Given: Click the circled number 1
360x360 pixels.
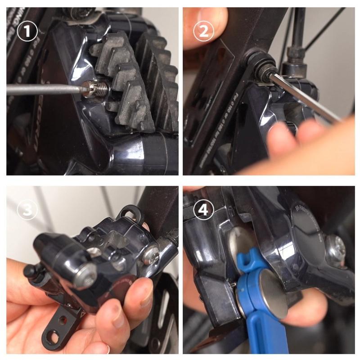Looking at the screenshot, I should pos(27,31).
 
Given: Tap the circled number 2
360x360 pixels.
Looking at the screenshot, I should pos(203,31).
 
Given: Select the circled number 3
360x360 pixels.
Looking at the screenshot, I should pos(27,210).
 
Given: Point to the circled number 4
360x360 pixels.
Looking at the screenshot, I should pos(203,210).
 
